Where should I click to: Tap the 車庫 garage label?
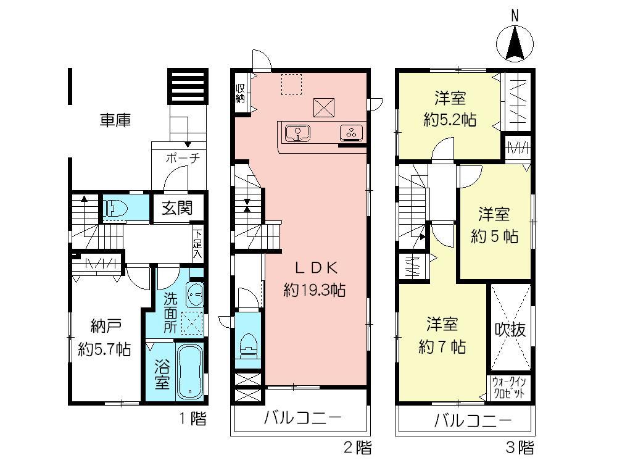115,120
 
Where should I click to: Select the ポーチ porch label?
183,158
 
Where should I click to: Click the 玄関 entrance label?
176,208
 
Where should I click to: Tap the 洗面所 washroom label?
170,313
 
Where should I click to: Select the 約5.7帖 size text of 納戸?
104,349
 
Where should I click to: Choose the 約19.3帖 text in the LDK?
314,290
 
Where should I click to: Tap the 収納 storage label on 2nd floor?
240,94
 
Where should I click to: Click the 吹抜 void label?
511,330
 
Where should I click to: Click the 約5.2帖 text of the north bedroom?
449,120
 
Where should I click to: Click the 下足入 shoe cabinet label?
197,243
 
